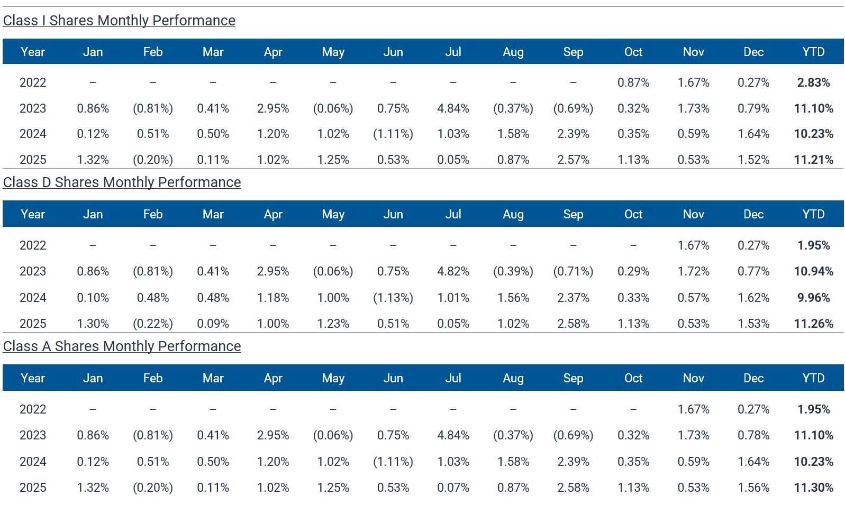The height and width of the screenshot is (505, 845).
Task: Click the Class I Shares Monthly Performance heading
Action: [119, 21]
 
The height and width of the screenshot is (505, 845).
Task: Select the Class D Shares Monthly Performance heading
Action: [122, 182]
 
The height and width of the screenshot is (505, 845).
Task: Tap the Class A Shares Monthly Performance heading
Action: [122, 346]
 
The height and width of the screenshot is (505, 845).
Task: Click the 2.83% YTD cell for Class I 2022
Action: [813, 82]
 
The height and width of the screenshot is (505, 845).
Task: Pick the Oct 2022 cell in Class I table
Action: [633, 82]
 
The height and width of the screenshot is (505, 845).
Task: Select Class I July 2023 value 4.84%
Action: [453, 108]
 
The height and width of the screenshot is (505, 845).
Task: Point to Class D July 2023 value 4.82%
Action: [453, 271]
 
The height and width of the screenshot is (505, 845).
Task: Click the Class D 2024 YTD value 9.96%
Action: [813, 298]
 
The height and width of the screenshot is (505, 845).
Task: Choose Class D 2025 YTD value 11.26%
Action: [813, 324]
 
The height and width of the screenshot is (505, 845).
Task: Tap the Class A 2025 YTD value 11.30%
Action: [813, 488]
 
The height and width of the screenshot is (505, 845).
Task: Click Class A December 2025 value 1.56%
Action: [753, 488]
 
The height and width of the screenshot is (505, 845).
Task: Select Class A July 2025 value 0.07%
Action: [453, 488]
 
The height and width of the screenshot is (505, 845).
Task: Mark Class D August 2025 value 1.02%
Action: [513, 324]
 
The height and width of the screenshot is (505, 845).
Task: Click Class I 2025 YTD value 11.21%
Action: [813, 160]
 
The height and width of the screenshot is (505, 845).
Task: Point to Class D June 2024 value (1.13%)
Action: [393, 298]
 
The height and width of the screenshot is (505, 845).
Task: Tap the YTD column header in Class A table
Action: [813, 378]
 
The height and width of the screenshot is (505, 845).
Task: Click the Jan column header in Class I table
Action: [93, 52]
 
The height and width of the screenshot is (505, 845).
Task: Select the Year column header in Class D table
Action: [33, 214]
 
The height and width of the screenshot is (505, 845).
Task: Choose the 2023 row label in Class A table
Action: [33, 435]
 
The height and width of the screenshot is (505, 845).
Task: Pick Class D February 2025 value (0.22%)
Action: [152, 324]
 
